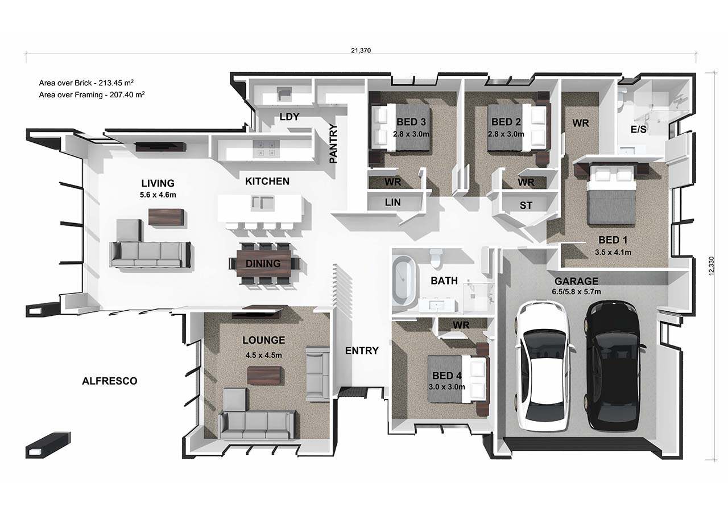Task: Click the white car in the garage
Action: (x=543, y=365)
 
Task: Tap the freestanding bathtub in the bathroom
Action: (x=404, y=280)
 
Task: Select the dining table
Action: (x=263, y=263)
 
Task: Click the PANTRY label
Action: (x=333, y=143)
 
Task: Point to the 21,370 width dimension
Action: (x=361, y=51)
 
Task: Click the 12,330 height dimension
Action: (x=712, y=266)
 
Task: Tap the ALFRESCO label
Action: (x=110, y=381)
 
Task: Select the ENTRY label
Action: (x=362, y=351)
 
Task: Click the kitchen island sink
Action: (x=263, y=203)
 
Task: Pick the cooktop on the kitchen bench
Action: (x=266, y=149)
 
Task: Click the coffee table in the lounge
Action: (x=264, y=376)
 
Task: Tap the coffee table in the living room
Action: (x=166, y=217)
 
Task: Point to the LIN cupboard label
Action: (x=392, y=202)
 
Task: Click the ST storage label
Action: (x=526, y=205)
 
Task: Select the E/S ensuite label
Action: (x=638, y=129)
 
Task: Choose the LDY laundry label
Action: (x=289, y=117)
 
